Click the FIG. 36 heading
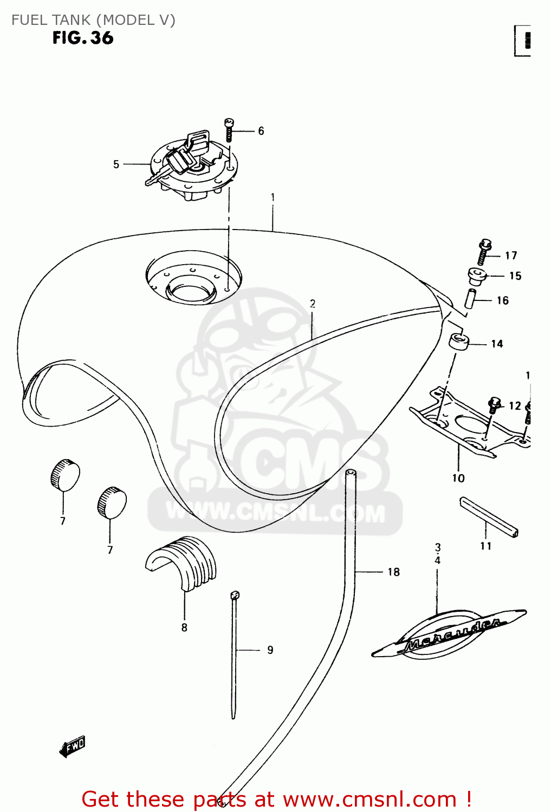click(83, 38)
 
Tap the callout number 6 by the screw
click(261, 131)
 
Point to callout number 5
click(116, 164)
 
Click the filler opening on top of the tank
click(193, 287)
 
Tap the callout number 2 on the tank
click(313, 304)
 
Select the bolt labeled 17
click(483, 252)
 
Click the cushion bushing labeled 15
click(476, 276)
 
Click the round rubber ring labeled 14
click(459, 343)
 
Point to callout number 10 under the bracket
click(458, 478)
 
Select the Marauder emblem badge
click(450, 633)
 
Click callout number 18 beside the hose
click(393, 572)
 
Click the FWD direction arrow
click(73, 746)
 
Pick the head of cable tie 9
click(234, 595)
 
